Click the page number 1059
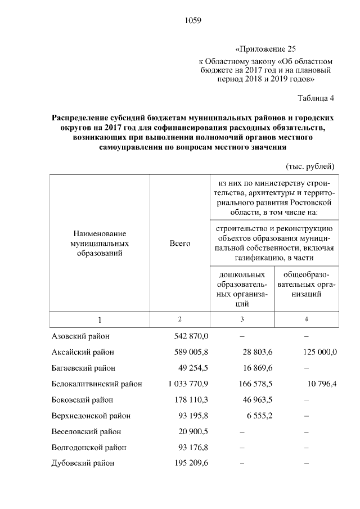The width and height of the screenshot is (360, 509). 192,21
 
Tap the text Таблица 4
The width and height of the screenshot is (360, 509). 316,98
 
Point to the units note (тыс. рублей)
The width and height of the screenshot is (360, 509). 310,166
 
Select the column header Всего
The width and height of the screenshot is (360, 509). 180,244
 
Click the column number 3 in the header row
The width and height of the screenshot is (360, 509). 242,319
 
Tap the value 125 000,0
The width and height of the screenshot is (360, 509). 317,352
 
